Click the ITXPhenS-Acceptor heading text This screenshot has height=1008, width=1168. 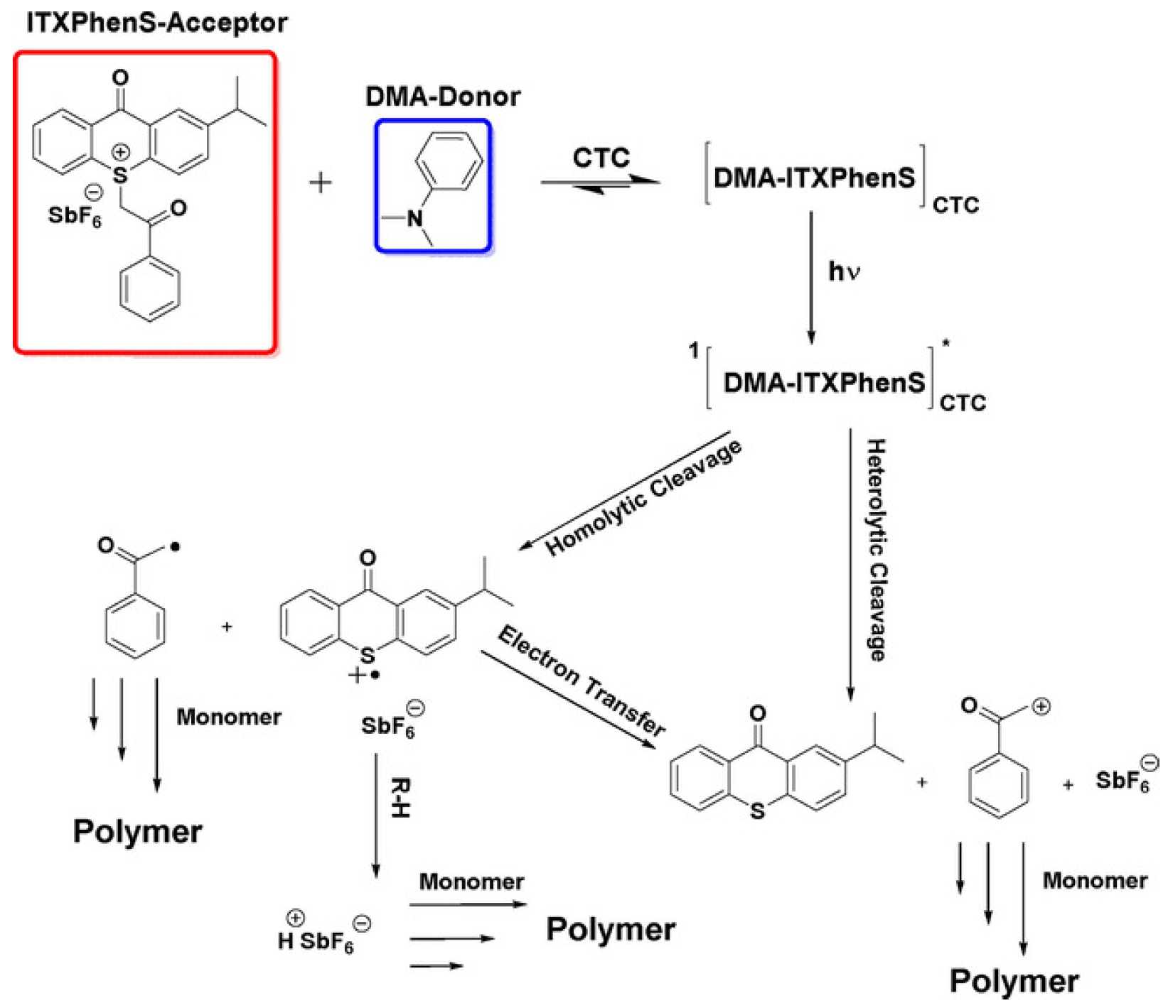(x=156, y=23)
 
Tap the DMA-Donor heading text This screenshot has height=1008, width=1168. (x=442, y=97)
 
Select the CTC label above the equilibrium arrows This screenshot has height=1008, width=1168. (x=601, y=158)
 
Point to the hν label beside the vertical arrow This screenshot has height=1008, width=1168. (x=844, y=271)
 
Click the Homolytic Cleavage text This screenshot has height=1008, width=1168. (x=643, y=498)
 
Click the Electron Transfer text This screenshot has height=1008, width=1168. (x=582, y=681)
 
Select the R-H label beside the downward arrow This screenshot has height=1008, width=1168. (x=400, y=798)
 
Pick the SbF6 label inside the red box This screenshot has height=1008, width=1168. (x=74, y=215)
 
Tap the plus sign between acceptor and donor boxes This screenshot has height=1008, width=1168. (x=321, y=183)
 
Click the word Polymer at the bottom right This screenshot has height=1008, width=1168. (x=1014, y=981)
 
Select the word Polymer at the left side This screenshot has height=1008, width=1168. (x=137, y=831)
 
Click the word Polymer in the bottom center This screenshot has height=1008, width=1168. (x=611, y=929)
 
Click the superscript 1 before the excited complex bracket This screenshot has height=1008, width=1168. (x=695, y=350)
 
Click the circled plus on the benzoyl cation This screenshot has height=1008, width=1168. (x=1041, y=706)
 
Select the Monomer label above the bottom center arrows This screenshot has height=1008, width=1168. (x=471, y=882)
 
